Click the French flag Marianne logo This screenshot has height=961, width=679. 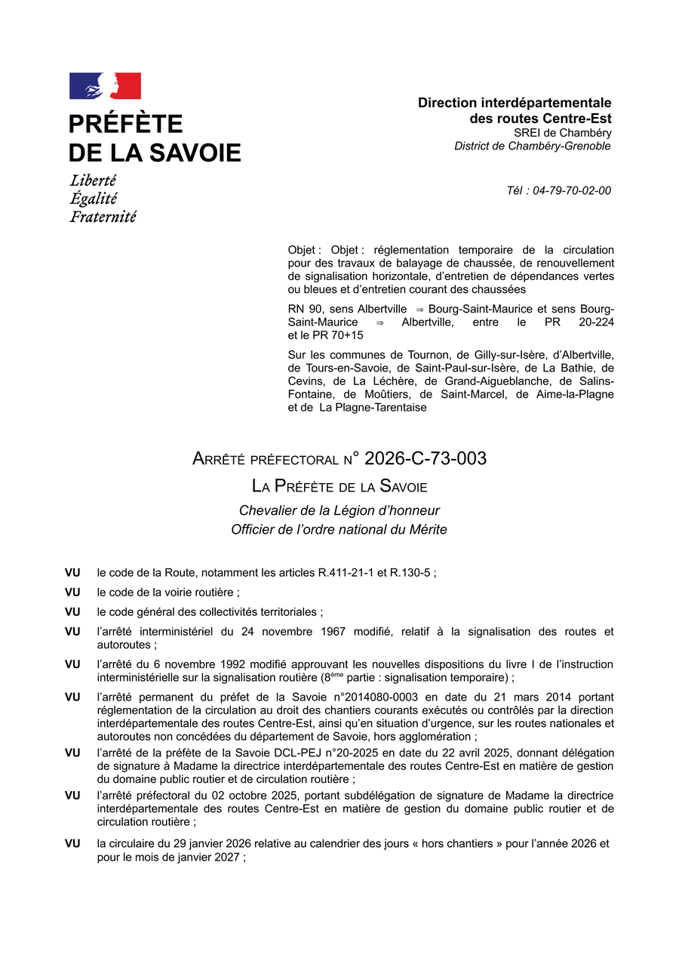[105, 86]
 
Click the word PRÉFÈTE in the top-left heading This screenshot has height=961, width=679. [125, 124]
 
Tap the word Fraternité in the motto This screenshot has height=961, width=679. [103, 217]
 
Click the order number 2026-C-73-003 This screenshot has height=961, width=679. [425, 458]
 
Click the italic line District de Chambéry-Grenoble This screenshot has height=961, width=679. [532, 146]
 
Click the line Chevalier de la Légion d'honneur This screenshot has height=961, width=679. [339, 510]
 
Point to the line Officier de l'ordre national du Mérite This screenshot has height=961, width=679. [339, 530]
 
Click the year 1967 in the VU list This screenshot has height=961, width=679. [343, 631]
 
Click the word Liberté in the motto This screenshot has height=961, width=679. [93, 181]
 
